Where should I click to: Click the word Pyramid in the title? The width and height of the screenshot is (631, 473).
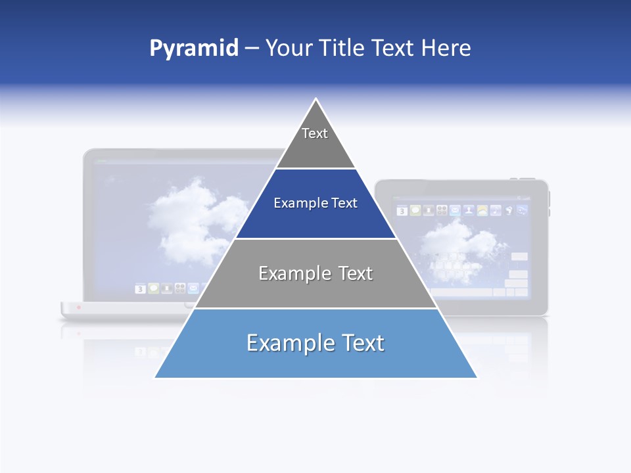(194, 48)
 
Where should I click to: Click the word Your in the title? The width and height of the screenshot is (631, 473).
(289, 48)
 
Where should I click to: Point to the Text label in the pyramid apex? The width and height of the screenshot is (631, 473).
(315, 133)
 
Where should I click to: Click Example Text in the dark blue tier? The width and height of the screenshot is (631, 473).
(315, 203)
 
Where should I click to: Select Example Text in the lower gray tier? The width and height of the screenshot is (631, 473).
(315, 273)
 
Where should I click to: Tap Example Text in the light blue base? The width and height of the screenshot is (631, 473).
(315, 343)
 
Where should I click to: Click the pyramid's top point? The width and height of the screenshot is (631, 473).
(316, 99)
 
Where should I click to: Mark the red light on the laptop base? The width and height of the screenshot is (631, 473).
(79, 307)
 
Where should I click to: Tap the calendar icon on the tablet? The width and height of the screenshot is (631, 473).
(402, 211)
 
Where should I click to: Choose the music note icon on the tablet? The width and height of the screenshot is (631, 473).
(496, 211)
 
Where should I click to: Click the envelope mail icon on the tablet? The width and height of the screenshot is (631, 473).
(455, 211)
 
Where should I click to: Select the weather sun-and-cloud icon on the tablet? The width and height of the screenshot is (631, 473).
(482, 211)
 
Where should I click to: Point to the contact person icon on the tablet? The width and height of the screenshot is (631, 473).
(469, 211)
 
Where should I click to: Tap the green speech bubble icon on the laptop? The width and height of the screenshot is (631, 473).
(154, 288)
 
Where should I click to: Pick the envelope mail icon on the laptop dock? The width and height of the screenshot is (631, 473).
(193, 288)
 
